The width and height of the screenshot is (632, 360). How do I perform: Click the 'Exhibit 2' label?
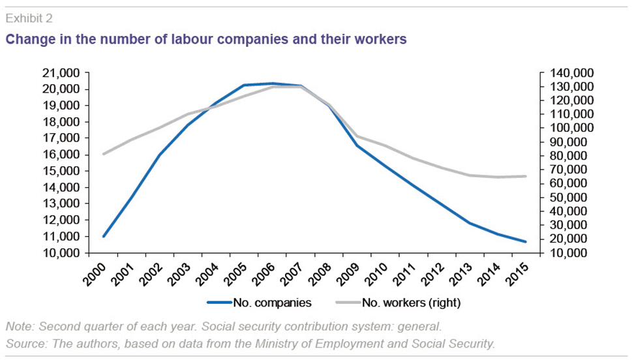(x=29, y=18)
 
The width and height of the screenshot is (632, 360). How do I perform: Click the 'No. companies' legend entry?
(x=259, y=303)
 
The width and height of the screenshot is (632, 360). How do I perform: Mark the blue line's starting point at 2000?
(x=104, y=236)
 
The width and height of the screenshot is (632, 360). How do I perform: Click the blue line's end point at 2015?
(x=526, y=242)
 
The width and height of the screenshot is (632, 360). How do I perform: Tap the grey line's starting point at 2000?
(x=104, y=154)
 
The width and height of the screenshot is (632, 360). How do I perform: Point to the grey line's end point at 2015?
(x=526, y=176)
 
